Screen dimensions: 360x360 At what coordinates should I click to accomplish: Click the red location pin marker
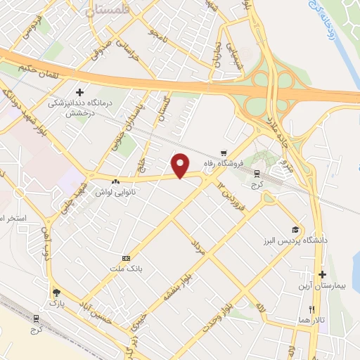click(181, 166)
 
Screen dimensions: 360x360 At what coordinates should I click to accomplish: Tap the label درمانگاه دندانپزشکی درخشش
click(80, 107)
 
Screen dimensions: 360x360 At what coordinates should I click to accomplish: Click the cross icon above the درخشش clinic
click(79, 92)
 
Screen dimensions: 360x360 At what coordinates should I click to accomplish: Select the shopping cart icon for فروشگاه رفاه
click(224, 153)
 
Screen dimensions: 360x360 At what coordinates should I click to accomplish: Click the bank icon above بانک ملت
click(125, 258)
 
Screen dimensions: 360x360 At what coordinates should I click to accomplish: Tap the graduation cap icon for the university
click(296, 229)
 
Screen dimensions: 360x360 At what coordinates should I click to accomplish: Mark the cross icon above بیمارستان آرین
click(323, 274)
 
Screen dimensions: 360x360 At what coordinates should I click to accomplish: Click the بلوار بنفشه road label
click(174, 285)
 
